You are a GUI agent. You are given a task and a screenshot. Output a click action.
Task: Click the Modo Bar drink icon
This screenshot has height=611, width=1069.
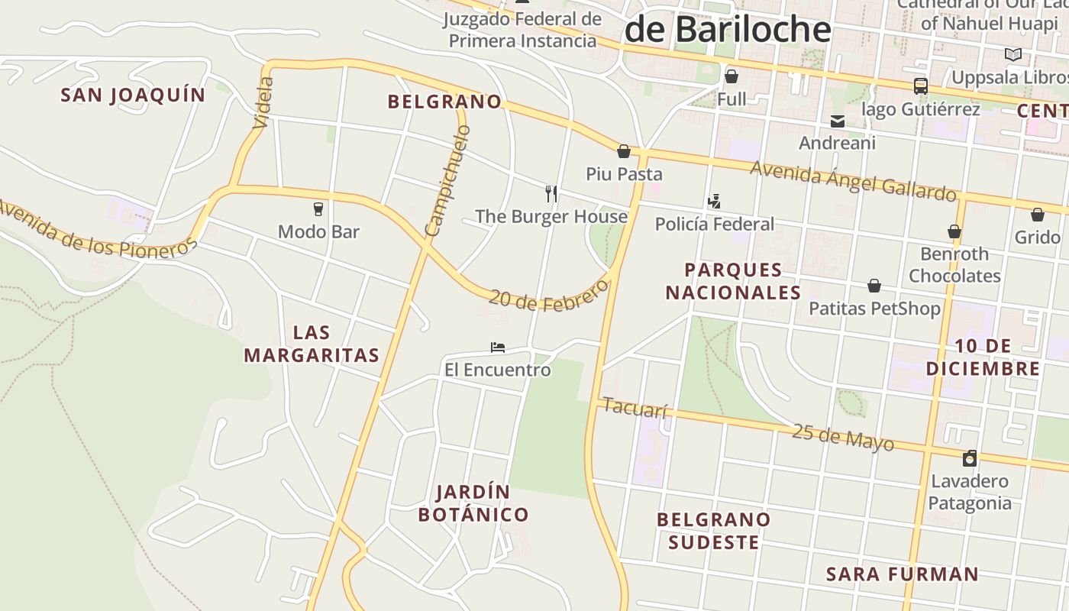pyautogui.click(x=318, y=209)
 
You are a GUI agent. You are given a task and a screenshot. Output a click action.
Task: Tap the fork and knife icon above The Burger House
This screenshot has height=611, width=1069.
pyautogui.click(x=551, y=193)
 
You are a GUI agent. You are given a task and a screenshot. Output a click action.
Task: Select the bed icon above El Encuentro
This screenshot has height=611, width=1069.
pyautogui.click(x=498, y=348)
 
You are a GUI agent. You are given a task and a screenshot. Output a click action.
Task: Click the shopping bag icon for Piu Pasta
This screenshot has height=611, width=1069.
pyautogui.click(x=624, y=151)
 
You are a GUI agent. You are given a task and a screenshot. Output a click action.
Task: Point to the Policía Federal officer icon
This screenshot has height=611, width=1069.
pyautogui.click(x=714, y=202)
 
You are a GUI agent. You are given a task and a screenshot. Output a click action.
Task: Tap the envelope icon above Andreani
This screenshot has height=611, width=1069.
pyautogui.click(x=838, y=121)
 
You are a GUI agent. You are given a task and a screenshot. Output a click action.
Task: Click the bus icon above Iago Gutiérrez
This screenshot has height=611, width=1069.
pyautogui.click(x=921, y=86)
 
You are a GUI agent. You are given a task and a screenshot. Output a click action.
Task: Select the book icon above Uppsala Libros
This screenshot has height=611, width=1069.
pyautogui.click(x=1013, y=55)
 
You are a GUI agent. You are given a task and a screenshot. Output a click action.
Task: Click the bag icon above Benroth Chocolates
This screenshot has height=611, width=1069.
pyautogui.click(x=954, y=231)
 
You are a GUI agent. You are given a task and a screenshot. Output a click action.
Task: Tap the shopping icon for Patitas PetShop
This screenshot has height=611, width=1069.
pyautogui.click(x=874, y=286)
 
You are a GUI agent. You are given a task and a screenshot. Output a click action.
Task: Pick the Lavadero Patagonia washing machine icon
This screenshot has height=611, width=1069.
pyautogui.click(x=970, y=458)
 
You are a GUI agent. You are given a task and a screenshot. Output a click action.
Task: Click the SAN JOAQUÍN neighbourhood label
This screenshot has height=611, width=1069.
pyautogui.click(x=133, y=95)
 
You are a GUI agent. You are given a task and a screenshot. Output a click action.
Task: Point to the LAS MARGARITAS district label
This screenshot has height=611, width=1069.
pyautogui.click(x=312, y=344)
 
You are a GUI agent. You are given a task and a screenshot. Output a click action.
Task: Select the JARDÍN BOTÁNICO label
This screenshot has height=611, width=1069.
pyautogui.click(x=473, y=503)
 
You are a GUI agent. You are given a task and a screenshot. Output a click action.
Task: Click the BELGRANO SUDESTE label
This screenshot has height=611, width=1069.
pyautogui.click(x=714, y=531)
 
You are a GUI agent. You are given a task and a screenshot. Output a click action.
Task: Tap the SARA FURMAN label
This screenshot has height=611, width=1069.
pyautogui.click(x=902, y=574)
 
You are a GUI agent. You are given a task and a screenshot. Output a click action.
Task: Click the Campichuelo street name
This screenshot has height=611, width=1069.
pyautogui.click(x=447, y=182)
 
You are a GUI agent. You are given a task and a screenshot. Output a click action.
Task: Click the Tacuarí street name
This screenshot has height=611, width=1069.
pyautogui.click(x=635, y=408)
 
